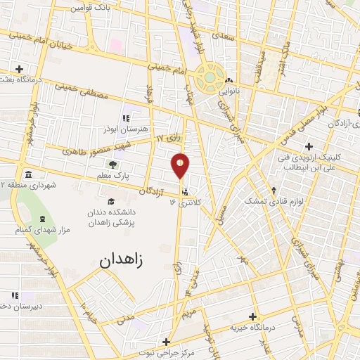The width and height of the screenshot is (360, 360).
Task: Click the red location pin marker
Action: (181, 165)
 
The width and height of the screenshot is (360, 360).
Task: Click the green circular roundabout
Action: (208, 79)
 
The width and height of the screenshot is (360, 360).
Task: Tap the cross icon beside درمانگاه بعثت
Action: (19, 69)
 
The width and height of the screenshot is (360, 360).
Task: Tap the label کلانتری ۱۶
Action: (186, 202)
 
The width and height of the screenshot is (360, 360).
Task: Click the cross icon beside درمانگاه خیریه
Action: (252, 316)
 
